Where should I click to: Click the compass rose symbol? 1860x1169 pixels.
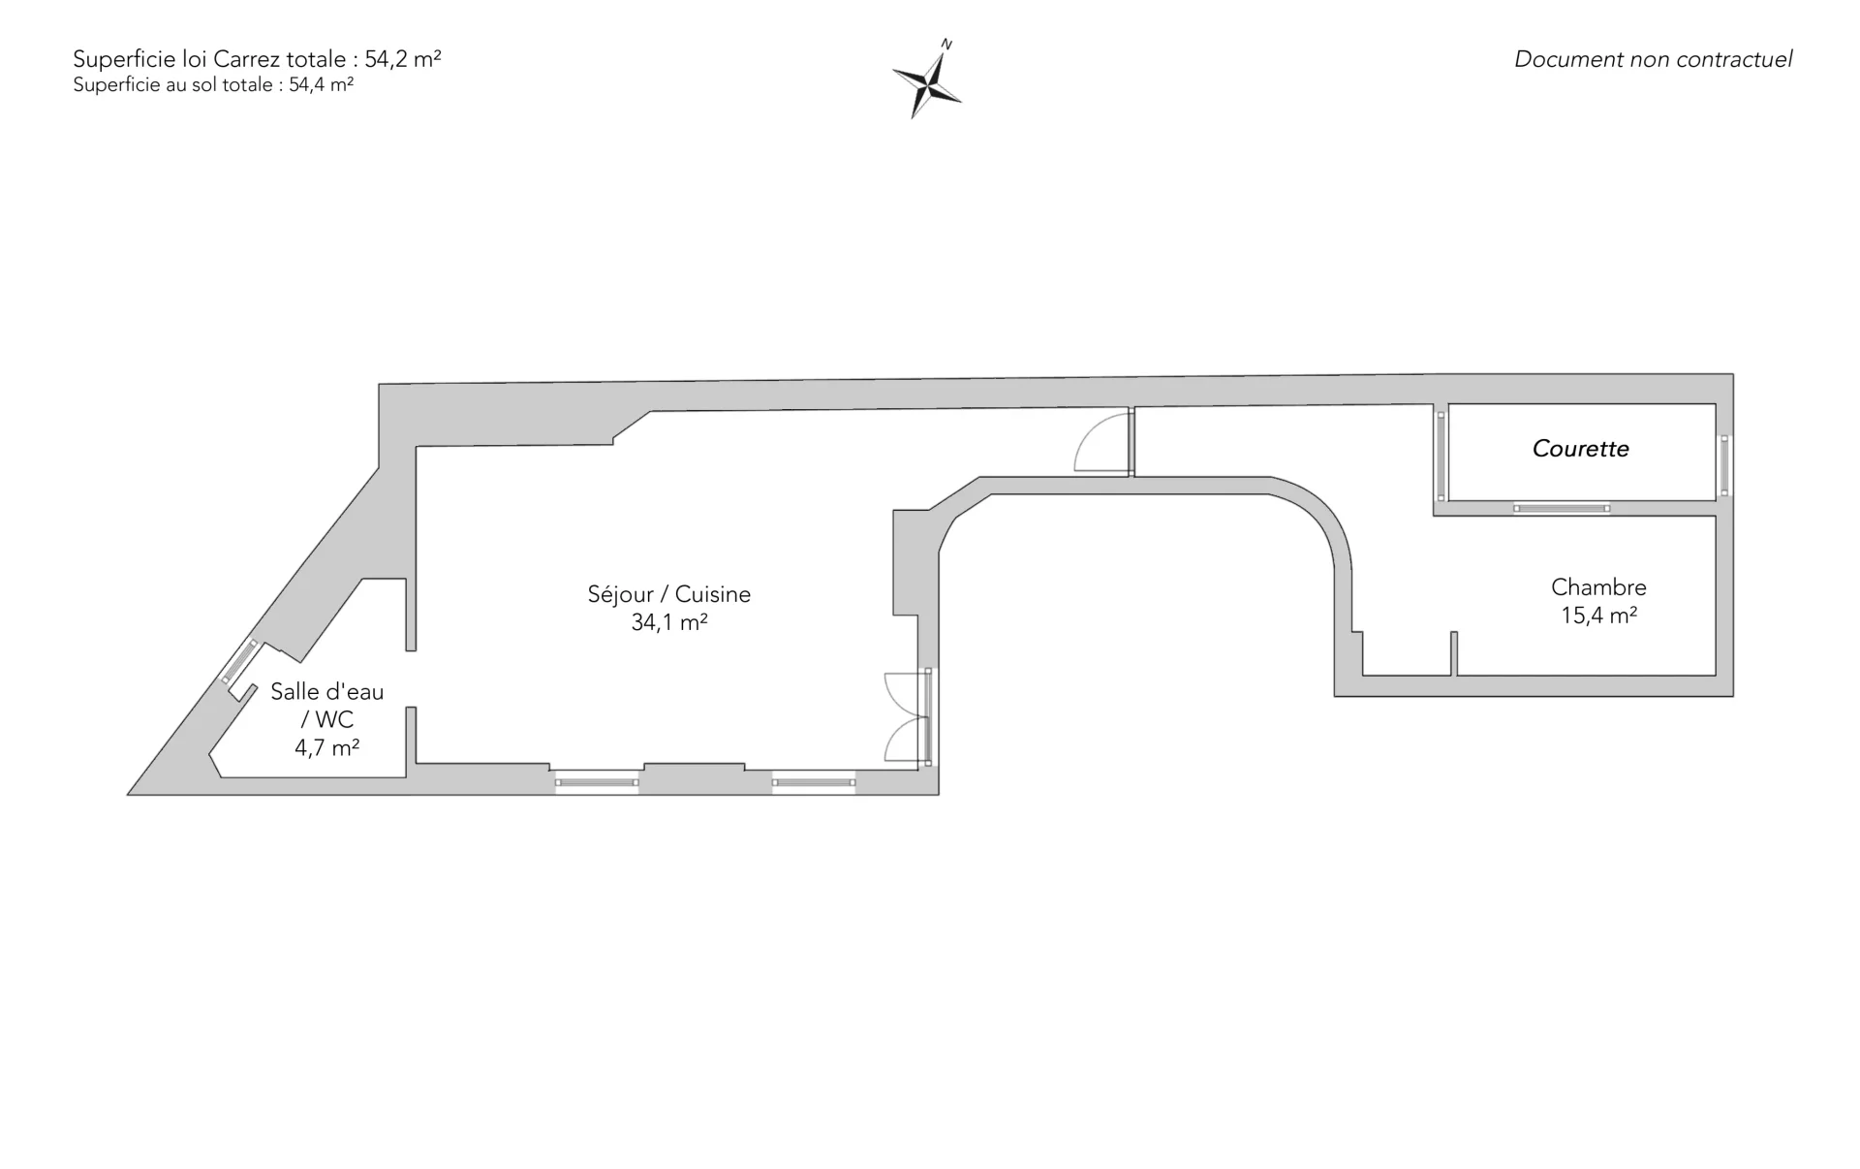point(927,84)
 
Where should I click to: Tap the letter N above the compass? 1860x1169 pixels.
point(947,44)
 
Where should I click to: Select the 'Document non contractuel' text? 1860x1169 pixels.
point(1653,59)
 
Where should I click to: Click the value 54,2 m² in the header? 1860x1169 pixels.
point(403,59)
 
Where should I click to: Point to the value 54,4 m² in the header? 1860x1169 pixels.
point(321,85)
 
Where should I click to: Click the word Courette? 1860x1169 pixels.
point(1580,449)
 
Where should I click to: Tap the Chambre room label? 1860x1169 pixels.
point(1598,587)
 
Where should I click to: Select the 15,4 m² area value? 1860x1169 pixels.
point(1598,616)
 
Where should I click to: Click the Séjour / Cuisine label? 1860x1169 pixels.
point(668,594)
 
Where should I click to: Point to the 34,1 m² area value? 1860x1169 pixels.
point(668,622)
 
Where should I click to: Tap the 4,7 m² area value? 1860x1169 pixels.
point(327,747)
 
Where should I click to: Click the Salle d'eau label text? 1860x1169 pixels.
point(327,692)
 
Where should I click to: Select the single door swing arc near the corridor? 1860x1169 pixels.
point(1100,443)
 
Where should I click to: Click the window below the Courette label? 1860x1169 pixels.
point(1562,508)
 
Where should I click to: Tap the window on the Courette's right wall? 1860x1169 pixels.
point(1724,465)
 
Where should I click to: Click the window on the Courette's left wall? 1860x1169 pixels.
point(1441,456)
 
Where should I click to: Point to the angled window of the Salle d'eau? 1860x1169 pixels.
point(238,662)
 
